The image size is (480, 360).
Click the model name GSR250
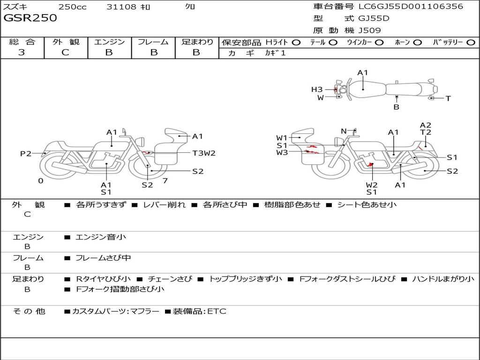30,18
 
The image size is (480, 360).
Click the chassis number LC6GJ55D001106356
411,7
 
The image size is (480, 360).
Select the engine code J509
369,30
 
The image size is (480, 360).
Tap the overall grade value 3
22,52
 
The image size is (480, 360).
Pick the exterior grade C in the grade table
65,52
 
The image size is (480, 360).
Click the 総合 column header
22,42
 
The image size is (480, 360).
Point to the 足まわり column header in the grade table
197,42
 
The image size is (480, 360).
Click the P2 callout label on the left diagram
25,153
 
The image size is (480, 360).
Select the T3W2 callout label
204,153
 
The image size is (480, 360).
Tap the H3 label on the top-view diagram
317,90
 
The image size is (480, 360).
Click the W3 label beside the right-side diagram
282,152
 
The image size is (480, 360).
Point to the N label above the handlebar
344,131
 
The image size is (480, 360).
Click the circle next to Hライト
296,43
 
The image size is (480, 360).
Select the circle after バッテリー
471,43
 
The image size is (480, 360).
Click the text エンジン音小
100,237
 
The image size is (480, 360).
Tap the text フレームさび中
103,258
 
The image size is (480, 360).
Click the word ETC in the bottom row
217,311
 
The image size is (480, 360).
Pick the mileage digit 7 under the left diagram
165,180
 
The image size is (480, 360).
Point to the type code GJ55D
374,18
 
